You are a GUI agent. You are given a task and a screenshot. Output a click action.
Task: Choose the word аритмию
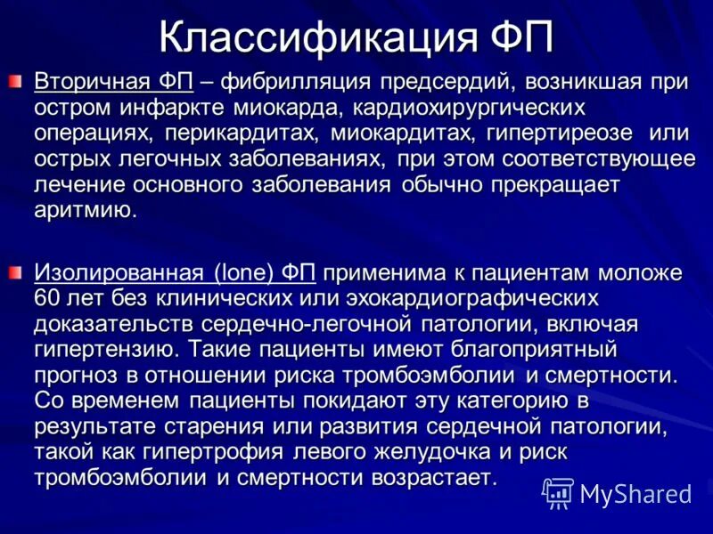pyautogui.click(x=86, y=211)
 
